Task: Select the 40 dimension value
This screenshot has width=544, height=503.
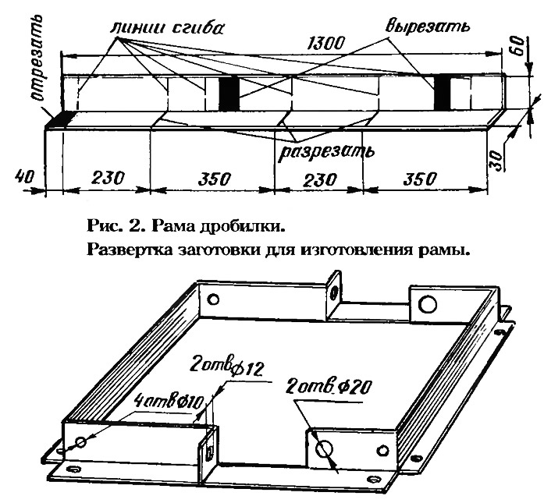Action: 20,179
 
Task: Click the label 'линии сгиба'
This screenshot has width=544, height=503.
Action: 168,27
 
